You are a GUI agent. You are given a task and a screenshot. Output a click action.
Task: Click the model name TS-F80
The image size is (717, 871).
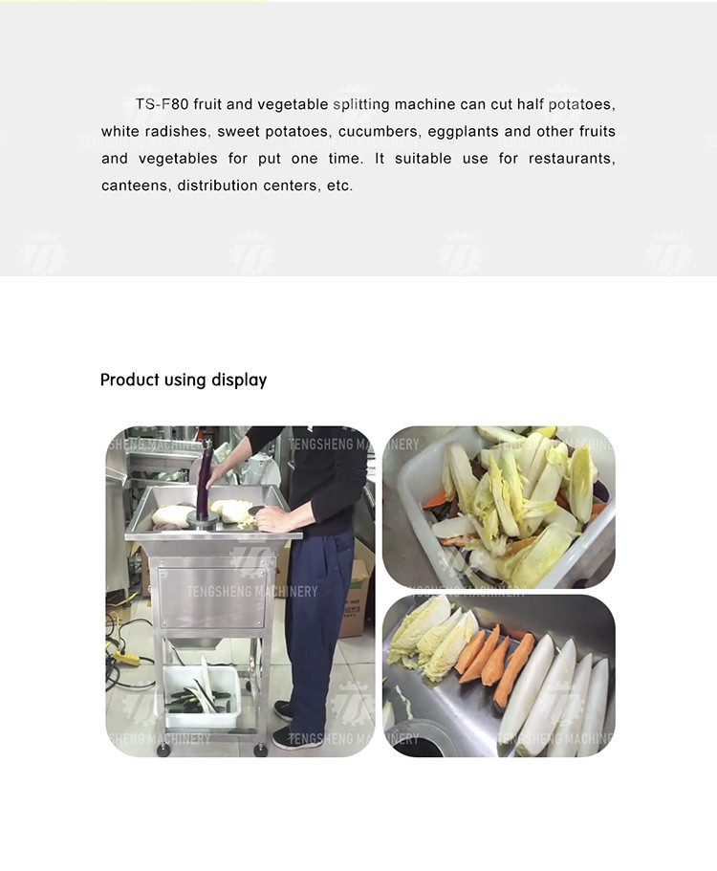[x=163, y=104]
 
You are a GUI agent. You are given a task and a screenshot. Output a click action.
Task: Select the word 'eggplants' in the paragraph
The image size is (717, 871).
[x=464, y=132]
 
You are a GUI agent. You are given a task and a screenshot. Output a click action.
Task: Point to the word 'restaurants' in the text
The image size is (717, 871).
[x=571, y=159]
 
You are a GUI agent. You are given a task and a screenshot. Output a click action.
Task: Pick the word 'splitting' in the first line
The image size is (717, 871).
[x=361, y=104]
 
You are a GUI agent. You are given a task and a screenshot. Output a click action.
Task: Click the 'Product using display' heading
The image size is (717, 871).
[x=184, y=380]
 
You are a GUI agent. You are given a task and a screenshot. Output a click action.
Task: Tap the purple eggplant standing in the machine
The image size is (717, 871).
[x=204, y=482]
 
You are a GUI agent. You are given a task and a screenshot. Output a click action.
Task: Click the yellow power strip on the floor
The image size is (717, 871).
[x=126, y=658]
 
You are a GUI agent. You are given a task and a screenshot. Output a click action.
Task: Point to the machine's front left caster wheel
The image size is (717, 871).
[x=163, y=751]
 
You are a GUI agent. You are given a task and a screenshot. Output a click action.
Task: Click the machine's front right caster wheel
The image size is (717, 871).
[x=260, y=750]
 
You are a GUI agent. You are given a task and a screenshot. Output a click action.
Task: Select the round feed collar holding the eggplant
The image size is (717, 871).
[x=203, y=520]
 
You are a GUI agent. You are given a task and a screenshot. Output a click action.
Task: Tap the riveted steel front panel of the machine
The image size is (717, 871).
[x=213, y=598]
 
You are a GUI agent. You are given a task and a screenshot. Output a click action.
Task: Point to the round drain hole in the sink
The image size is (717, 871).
[x=418, y=739]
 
